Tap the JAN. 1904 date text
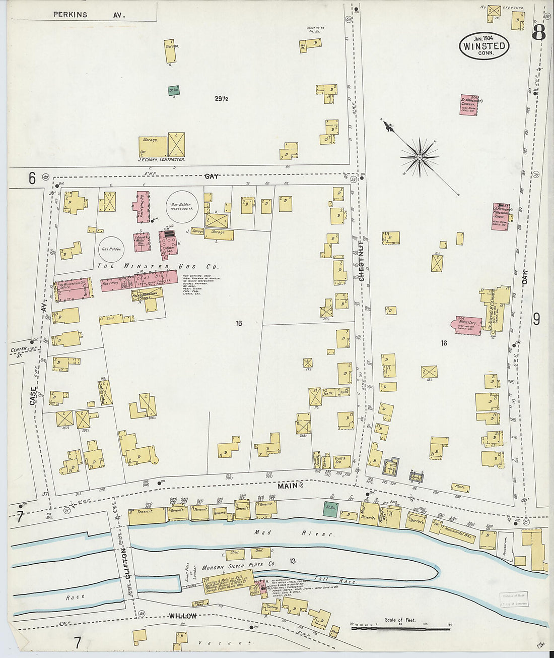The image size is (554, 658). [483, 38]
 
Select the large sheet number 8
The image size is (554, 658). [538, 33]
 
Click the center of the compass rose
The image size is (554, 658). [419, 158]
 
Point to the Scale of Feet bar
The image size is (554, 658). [400, 629]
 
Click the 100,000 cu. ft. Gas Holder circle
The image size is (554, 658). [183, 206]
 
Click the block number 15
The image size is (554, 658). [239, 323]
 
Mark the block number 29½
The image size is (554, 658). [221, 99]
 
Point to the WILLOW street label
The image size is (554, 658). [182, 616]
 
